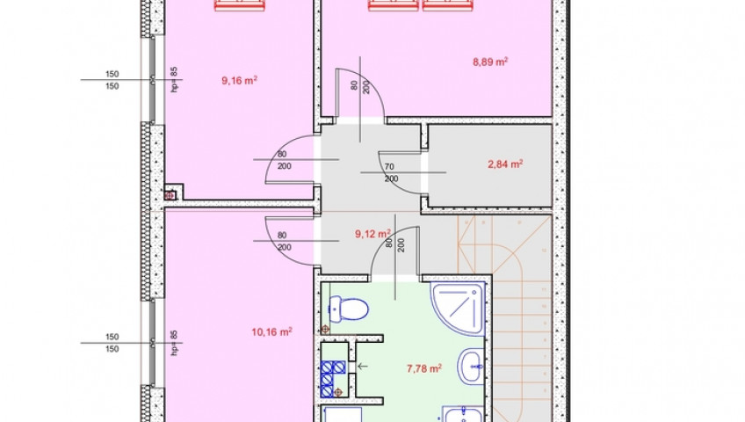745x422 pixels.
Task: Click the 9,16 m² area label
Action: (x=240, y=80)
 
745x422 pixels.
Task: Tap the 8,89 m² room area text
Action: (x=490, y=62)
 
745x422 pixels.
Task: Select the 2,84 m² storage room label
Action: (x=505, y=164)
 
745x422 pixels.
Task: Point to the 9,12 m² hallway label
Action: (x=373, y=234)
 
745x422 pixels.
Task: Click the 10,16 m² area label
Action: (x=271, y=331)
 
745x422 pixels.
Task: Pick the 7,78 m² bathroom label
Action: (x=424, y=368)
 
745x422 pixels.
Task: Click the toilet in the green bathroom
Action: (x=349, y=308)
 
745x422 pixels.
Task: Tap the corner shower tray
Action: (x=457, y=308)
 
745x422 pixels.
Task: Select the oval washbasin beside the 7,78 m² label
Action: (x=471, y=367)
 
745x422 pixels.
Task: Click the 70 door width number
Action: (x=389, y=167)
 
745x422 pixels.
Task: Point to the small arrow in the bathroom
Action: (x=363, y=366)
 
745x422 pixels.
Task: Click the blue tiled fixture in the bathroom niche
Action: (x=333, y=378)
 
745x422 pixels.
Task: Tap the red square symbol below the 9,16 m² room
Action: (x=170, y=195)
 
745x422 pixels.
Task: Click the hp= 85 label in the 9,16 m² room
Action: (x=174, y=79)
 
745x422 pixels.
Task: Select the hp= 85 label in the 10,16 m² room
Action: (x=174, y=342)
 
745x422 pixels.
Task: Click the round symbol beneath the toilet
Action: (x=325, y=329)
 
